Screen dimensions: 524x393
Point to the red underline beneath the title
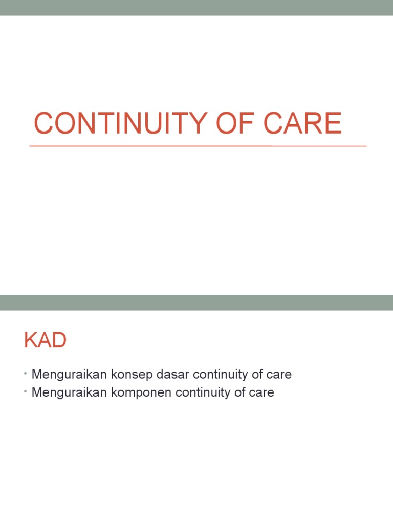click(x=198, y=146)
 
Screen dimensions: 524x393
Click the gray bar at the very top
click(x=196, y=8)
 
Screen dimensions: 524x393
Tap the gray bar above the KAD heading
click(x=196, y=302)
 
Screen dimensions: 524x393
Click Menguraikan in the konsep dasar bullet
click(x=70, y=375)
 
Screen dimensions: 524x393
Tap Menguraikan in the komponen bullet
click(x=70, y=393)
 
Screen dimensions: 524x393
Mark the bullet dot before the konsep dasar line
click(x=25, y=375)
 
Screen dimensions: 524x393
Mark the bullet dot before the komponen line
click(x=25, y=393)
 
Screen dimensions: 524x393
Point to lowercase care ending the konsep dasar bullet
click(x=279, y=375)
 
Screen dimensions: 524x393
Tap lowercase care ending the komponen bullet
click(x=262, y=393)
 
